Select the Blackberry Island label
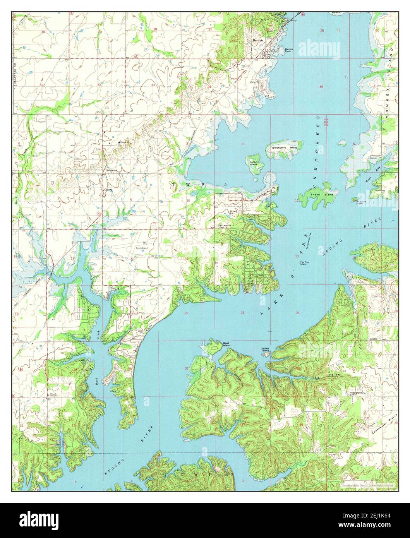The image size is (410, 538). (x=285, y=147)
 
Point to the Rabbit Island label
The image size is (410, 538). (x=253, y=163)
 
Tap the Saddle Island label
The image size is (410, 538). (x=265, y=350)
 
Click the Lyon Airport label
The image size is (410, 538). (x=142, y=248)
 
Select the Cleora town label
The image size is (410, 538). (x=107, y=190)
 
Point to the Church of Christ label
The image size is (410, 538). (x=53, y=395)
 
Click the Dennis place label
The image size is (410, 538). (x=372, y=339)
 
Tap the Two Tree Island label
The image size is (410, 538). (x=305, y=263)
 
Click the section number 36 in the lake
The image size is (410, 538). (x=321, y=87)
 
